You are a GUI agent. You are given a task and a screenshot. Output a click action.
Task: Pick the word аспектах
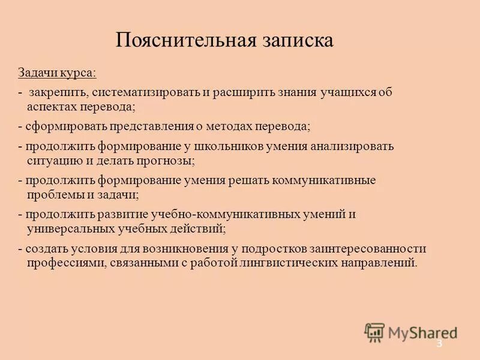click(x=53, y=107)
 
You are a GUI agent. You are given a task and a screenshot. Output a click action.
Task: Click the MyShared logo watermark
click(x=411, y=332)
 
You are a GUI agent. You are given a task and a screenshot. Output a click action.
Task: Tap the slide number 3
click(x=439, y=344)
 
